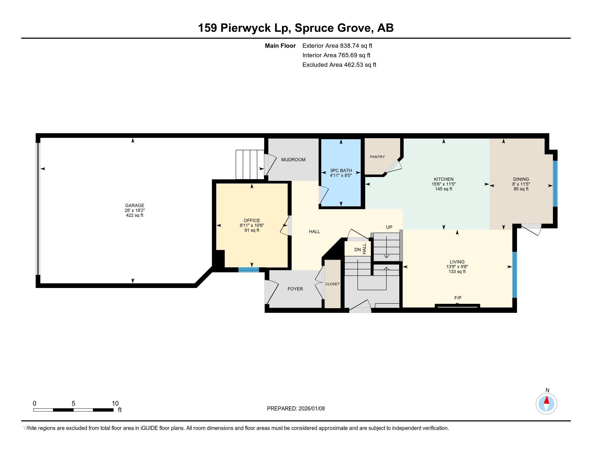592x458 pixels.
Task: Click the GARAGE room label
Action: [x=135, y=205]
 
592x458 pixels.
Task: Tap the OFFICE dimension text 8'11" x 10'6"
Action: [x=252, y=225]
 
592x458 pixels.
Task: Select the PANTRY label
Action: [x=377, y=157]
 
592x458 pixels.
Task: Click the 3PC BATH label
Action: [x=341, y=170]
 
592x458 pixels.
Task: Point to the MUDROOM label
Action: [x=293, y=159]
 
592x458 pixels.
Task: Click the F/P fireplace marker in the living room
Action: [x=457, y=298]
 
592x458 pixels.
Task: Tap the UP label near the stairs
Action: [x=389, y=227]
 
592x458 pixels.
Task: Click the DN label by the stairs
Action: [x=357, y=250]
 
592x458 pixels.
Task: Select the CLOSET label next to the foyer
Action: [x=332, y=284]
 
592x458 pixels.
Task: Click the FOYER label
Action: [x=295, y=289]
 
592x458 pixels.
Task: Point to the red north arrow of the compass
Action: [x=547, y=400]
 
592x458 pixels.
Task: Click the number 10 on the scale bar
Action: [x=115, y=404]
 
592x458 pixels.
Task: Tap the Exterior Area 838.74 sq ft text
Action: [x=337, y=46]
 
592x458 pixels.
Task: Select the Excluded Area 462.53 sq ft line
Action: [x=339, y=65]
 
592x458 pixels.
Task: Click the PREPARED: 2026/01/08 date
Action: [x=296, y=409]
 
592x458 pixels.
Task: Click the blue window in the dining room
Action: [x=555, y=184]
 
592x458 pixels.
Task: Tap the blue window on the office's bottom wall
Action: [x=249, y=269]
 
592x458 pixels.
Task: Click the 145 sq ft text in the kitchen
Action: [x=443, y=189]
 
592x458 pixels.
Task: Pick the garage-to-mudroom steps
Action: [x=250, y=164]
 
